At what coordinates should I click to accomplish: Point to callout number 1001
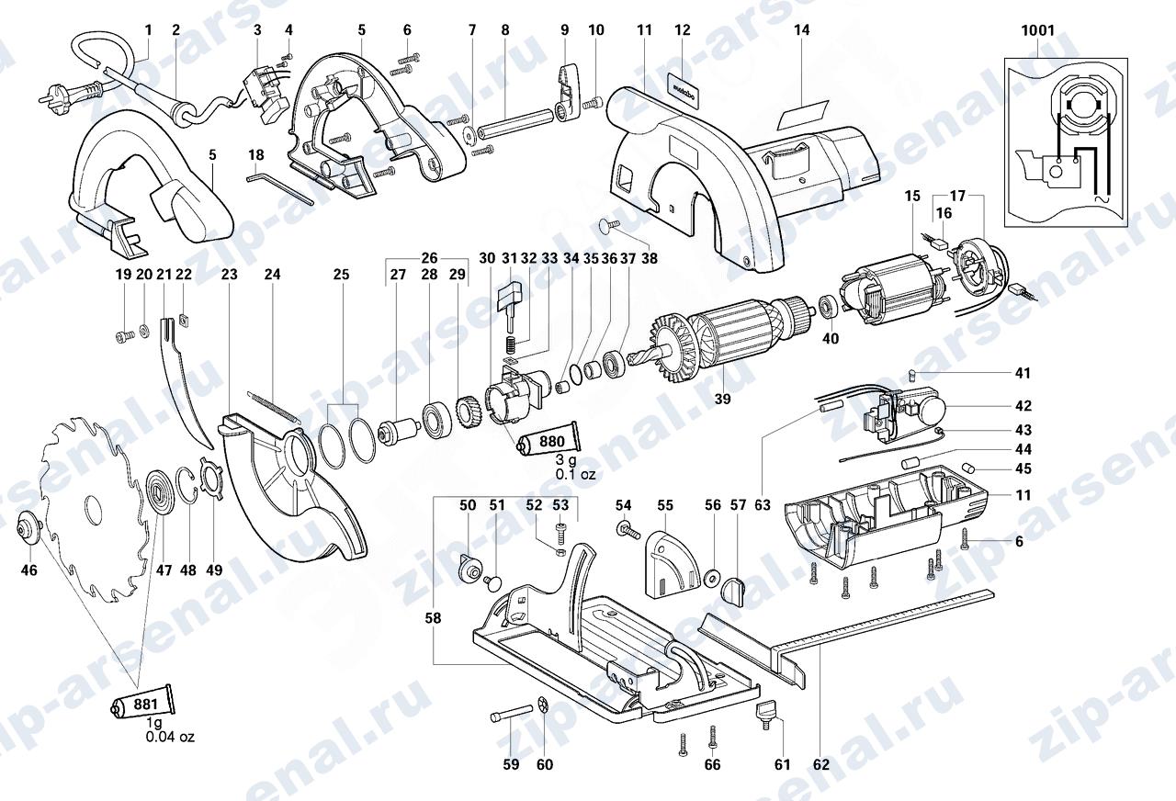click(1038, 30)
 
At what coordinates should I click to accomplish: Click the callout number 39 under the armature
click(722, 399)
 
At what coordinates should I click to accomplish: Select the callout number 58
click(433, 618)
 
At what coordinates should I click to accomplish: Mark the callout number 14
click(802, 30)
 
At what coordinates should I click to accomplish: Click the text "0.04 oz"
click(170, 737)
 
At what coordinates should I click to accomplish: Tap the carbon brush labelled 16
click(936, 243)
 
